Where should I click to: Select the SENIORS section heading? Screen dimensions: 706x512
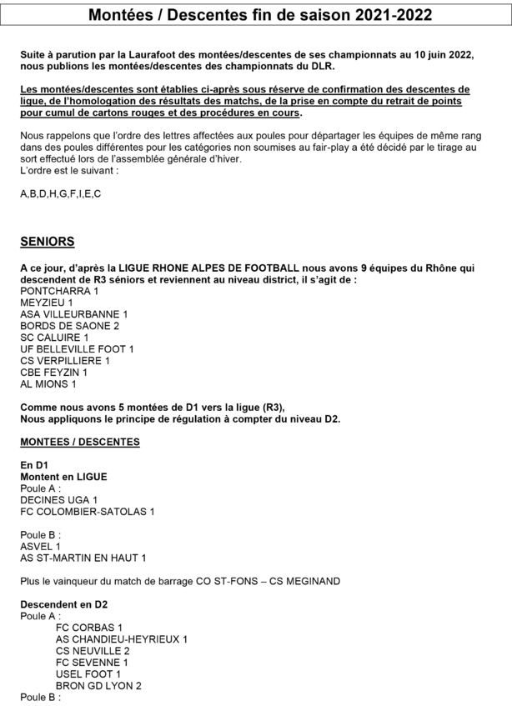point(47,242)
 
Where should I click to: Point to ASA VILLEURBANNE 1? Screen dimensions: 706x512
point(74,314)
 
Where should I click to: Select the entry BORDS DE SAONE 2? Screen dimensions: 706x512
point(70,326)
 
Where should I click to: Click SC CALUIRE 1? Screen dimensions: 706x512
point(56,338)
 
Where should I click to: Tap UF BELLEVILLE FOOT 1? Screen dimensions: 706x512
point(77,349)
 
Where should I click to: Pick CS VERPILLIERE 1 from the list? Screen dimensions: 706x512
point(65,361)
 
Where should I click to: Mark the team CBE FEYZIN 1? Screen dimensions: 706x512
point(53,373)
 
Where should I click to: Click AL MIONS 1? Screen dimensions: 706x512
point(48,384)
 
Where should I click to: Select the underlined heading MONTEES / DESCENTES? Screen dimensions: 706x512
point(80,441)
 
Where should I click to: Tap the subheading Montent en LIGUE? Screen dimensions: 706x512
point(63,476)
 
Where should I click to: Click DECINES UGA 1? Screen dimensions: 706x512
point(58,499)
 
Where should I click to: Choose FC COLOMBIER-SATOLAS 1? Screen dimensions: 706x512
point(88,511)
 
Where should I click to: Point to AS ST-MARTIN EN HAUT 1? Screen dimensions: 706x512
point(83,558)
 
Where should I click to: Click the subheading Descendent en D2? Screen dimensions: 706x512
point(64,604)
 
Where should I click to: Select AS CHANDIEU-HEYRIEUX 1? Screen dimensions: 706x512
point(122,638)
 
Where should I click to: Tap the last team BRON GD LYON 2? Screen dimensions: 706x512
point(98,685)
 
